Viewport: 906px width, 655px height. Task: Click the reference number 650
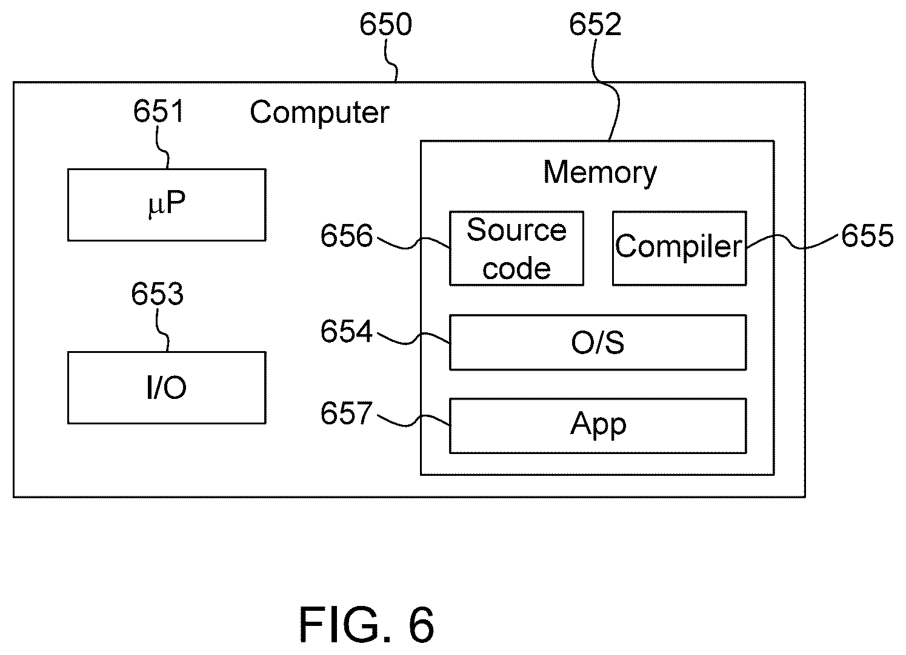coord(385,24)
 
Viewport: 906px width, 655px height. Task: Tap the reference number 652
coord(595,24)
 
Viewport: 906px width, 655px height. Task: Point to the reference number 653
coord(157,294)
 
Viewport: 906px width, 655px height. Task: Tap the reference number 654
coord(347,331)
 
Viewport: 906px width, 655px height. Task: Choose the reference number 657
coord(347,413)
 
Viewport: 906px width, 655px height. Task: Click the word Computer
coord(319,113)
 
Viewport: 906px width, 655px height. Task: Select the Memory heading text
coord(600,173)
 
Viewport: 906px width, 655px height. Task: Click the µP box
coord(167,205)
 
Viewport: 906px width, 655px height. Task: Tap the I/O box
coord(167,388)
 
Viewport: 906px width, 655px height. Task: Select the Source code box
coord(516,248)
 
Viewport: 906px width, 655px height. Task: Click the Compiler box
coord(679,248)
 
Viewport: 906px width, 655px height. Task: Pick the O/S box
coord(598,342)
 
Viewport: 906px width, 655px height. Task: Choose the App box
coord(598,426)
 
